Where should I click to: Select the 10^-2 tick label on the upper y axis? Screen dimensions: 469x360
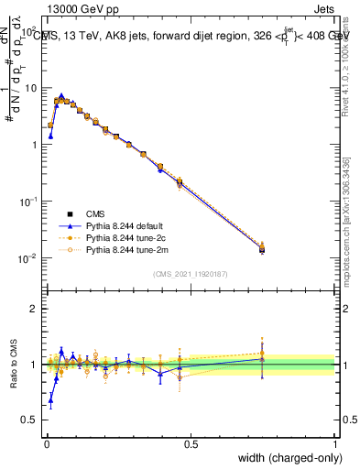(x=28, y=257)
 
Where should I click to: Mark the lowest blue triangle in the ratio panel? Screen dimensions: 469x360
(x=50, y=400)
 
